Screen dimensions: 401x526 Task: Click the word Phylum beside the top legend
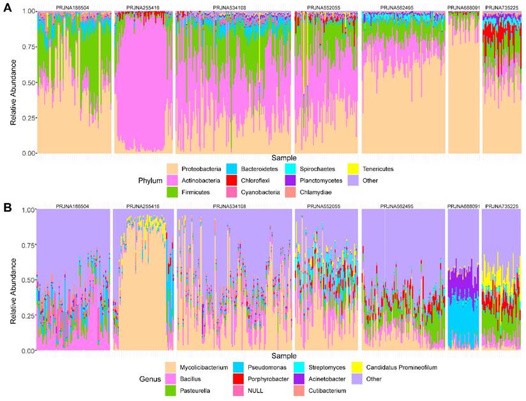(151, 181)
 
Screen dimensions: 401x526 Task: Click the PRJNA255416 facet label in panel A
(144, 8)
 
